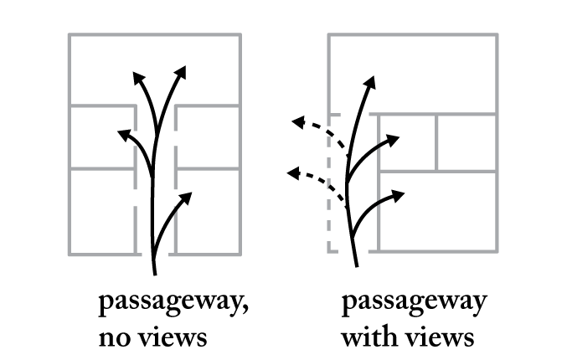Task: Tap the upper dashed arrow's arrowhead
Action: click(x=296, y=123)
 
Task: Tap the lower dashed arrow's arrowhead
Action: click(x=291, y=172)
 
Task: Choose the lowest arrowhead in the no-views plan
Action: click(x=186, y=198)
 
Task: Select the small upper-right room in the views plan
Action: click(x=466, y=141)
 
